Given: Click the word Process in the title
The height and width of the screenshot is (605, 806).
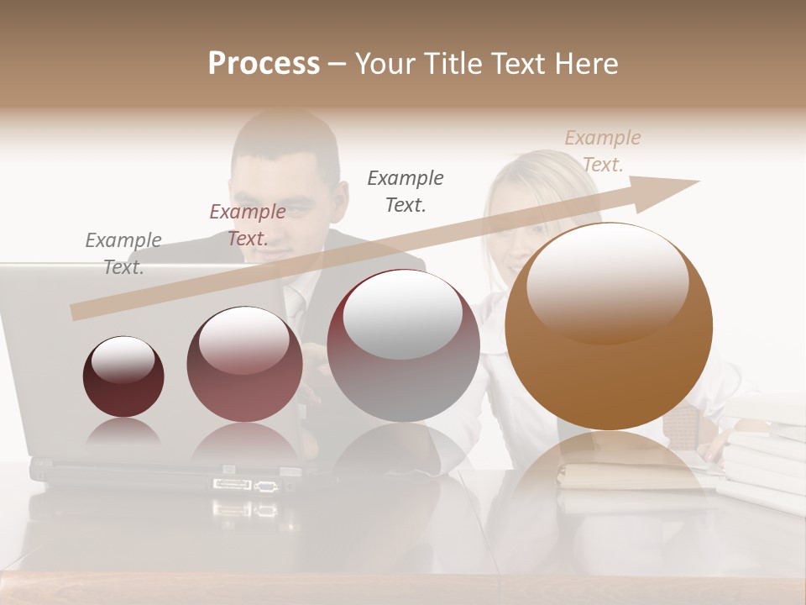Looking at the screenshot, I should coord(264,64).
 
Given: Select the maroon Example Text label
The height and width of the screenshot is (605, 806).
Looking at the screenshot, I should coord(247,225).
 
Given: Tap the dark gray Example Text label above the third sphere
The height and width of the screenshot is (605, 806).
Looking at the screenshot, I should coord(406,191).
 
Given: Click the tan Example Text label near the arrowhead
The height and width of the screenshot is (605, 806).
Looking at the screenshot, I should coord(602,151).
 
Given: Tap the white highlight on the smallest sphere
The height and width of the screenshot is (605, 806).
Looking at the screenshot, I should coord(123,360).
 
